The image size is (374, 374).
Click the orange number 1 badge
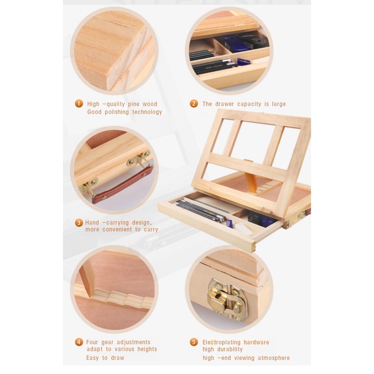click(x=79, y=104)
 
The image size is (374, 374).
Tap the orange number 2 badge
click(x=194, y=104)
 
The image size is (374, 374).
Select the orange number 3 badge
click(x=79, y=223)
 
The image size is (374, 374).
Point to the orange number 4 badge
click(x=79, y=342)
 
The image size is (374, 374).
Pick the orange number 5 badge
click(x=194, y=342)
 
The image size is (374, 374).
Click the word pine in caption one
click(x=134, y=104)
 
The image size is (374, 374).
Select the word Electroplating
click(x=222, y=342)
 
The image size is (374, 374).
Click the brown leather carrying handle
click(x=123, y=184)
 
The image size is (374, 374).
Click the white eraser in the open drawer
click(x=244, y=229)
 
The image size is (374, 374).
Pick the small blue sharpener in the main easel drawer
click(x=229, y=223)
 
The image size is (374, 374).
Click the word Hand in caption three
click(x=92, y=223)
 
